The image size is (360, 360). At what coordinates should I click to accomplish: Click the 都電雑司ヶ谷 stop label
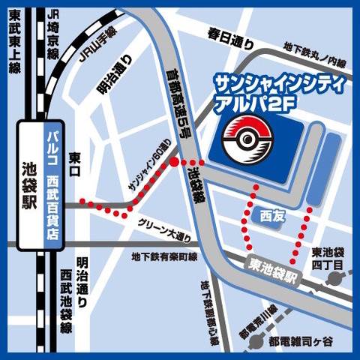pyautogui.click(x=306, y=340)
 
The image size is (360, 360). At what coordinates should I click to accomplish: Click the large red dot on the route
pyautogui.click(x=175, y=162)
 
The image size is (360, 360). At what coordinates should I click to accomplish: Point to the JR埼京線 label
pyautogui.click(x=52, y=42)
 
